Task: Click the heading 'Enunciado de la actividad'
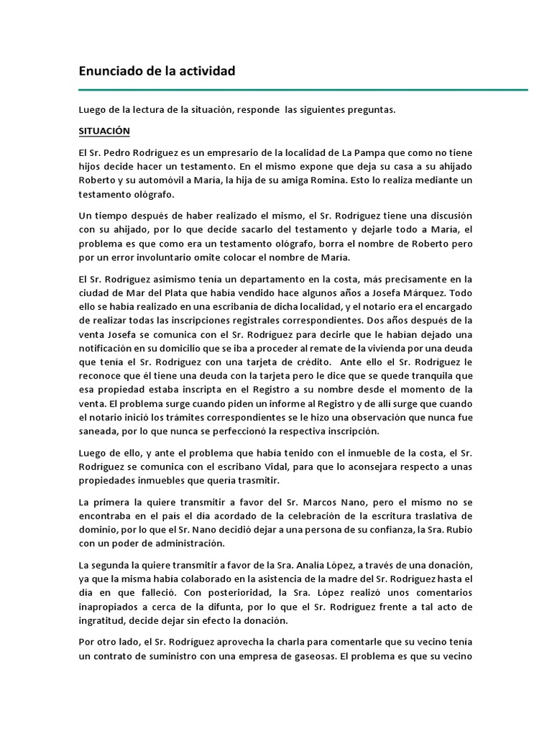tap(157, 71)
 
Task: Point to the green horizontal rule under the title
tap(303, 90)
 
